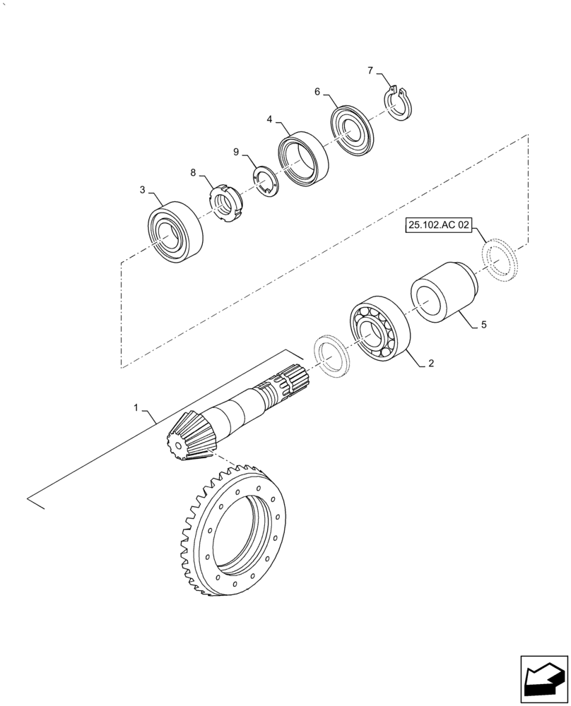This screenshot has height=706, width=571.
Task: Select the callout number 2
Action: click(430, 364)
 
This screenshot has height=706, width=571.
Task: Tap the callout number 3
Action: click(143, 190)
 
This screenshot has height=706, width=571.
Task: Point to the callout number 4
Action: click(270, 120)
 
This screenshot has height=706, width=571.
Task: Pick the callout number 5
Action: click(483, 325)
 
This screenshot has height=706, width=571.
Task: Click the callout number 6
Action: click(317, 92)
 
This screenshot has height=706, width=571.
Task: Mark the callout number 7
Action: click(370, 70)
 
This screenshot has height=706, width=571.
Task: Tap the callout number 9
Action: click(237, 151)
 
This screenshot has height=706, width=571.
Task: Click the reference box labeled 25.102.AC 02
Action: click(438, 226)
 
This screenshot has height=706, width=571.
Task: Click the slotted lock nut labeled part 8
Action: click(228, 202)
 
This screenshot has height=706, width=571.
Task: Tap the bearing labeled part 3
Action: click(175, 233)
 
